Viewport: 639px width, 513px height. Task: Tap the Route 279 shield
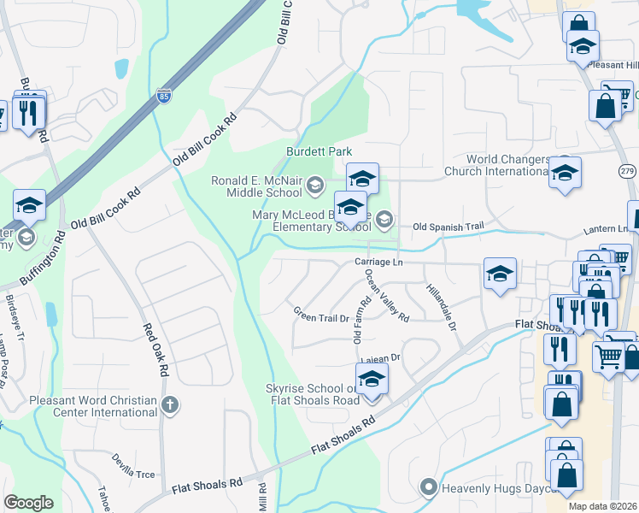628,171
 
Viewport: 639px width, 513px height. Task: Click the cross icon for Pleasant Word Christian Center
170,404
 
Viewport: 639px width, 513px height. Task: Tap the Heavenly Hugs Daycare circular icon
429,488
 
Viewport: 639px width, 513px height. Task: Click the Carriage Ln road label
378,262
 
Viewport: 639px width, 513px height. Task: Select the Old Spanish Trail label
448,227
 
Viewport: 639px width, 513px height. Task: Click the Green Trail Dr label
321,315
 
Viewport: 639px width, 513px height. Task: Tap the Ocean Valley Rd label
386,296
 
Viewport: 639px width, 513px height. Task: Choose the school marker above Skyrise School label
371,380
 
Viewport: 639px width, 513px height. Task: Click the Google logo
28,503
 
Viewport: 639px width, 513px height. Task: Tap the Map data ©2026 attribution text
602,506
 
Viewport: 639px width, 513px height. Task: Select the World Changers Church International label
507,165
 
